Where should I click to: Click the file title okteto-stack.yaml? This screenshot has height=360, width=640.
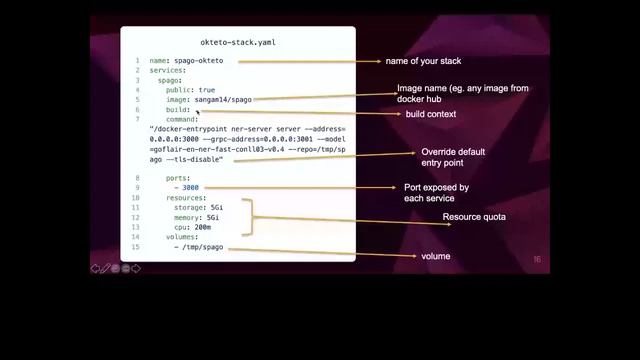[238, 43]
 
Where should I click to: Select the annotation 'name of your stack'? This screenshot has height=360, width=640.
[419, 61]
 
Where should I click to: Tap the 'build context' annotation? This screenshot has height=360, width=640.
[430, 114]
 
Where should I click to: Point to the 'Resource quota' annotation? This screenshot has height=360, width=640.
[474, 216]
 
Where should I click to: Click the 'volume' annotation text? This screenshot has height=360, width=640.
[435, 257]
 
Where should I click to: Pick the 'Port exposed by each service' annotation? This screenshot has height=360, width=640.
[436, 192]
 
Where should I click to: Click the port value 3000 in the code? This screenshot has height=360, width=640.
[191, 187]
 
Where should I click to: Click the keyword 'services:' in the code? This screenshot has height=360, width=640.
[167, 70]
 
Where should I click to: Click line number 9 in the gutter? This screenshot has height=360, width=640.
[137, 177]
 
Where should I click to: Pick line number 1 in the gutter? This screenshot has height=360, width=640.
[137, 60]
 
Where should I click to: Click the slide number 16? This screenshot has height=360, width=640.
[536, 260]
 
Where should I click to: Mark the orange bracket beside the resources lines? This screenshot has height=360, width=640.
[258, 217]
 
